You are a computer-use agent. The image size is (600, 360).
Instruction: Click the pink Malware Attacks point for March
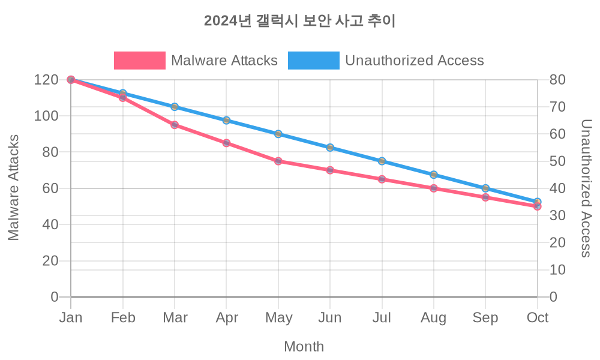point(175,125)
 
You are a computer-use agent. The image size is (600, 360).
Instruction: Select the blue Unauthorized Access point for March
point(175,107)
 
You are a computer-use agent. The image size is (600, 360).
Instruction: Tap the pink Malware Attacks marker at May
point(278,161)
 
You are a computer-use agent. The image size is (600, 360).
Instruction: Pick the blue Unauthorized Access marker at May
point(278,134)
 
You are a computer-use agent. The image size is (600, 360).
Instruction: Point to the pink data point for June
point(330,170)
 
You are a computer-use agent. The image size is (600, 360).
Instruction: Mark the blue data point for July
point(382,161)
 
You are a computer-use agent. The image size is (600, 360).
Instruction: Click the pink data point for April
point(226,143)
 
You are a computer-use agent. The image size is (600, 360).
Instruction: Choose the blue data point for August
point(434,175)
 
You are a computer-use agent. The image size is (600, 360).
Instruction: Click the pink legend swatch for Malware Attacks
point(139,61)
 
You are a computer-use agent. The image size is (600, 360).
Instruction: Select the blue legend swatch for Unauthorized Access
point(313,61)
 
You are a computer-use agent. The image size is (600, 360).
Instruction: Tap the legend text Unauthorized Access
point(414,61)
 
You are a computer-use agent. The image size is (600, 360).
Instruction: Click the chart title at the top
point(300,21)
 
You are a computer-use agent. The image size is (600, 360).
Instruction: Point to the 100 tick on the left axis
point(46,116)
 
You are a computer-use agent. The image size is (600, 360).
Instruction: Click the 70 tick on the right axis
point(557,107)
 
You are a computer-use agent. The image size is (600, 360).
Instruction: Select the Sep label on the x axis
point(485,318)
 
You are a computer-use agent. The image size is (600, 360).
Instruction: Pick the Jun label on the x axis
point(330,318)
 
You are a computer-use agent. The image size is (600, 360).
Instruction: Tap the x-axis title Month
point(304,346)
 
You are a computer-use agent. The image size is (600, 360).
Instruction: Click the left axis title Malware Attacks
point(14,187)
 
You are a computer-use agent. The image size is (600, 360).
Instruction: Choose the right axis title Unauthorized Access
point(586,188)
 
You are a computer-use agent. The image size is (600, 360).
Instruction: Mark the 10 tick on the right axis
point(557,269)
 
